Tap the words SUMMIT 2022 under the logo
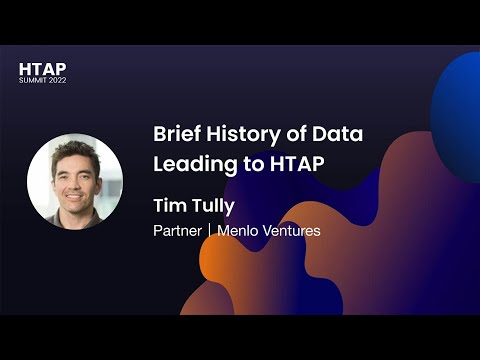(43, 80)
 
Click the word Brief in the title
(175, 135)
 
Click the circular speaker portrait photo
(75, 181)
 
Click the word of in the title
(293, 135)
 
